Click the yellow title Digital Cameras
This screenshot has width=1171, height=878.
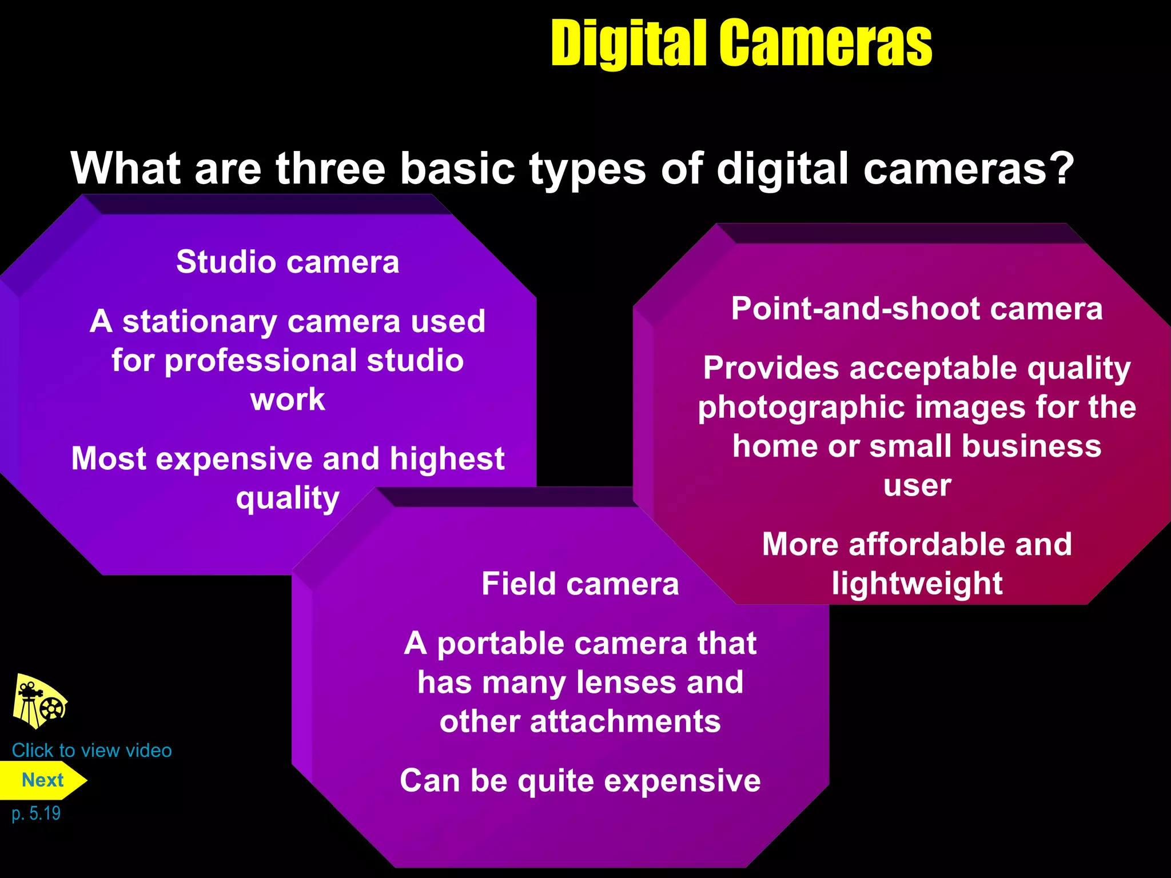tap(741, 43)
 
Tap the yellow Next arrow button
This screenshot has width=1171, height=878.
tap(42, 780)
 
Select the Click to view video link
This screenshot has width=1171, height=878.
tap(91, 751)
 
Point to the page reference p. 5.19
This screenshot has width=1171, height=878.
tap(36, 813)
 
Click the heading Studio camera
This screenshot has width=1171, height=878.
tap(288, 262)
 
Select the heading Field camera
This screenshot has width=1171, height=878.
tap(580, 584)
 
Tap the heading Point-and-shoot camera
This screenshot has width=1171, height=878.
tap(917, 309)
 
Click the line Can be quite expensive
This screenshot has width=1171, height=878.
tap(580, 781)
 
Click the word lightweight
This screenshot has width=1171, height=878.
tap(917, 584)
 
